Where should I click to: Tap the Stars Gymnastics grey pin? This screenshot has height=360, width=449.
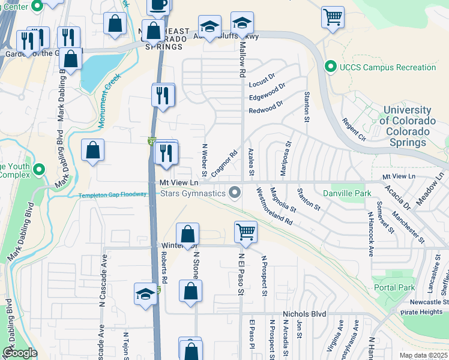pos(235,193)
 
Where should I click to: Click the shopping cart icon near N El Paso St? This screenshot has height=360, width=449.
pos(246,231)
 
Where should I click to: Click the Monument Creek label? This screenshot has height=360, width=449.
pos(109,94)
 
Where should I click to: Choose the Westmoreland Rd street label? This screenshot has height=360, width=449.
pos(274,206)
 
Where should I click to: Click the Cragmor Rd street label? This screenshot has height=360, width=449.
pos(225,164)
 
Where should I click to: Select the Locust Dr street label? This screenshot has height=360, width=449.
pos(261,79)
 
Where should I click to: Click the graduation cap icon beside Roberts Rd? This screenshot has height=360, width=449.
pos(145,295)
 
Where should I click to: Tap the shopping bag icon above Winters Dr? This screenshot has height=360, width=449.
pos(188,234)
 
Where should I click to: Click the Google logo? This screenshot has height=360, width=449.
pos(20,353)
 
